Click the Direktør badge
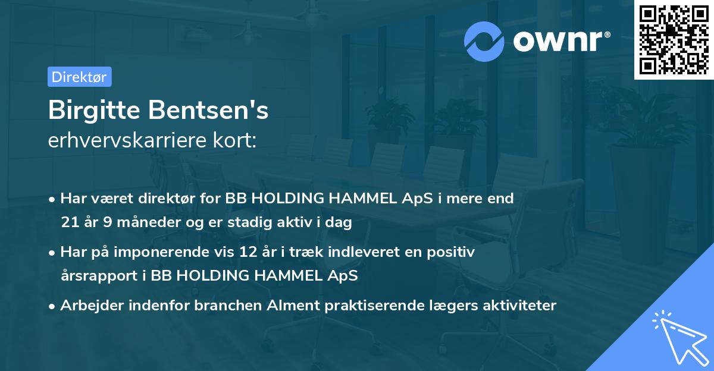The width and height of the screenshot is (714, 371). (x=79, y=77)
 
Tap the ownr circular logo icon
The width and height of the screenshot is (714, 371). (x=485, y=41)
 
